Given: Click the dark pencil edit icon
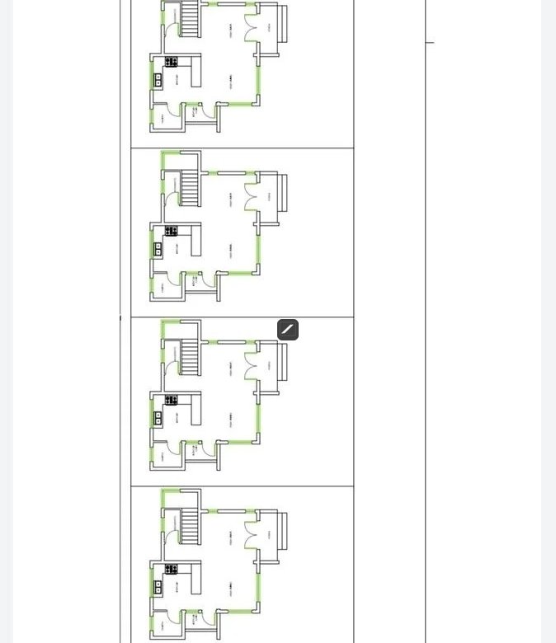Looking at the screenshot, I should click(x=288, y=330).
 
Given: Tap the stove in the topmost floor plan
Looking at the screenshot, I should click(x=171, y=62).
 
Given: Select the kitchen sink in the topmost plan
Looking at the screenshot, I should click(x=158, y=80).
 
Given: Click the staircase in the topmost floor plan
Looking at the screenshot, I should click(x=191, y=18).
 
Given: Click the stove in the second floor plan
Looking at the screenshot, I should click(x=171, y=231).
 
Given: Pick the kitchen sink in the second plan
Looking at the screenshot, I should click(x=158, y=249).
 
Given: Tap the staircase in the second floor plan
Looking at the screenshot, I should click(x=191, y=188).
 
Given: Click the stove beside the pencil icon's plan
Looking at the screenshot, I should click(x=171, y=401).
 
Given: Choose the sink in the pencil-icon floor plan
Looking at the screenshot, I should click(x=158, y=418).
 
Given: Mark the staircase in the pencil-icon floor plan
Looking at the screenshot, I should click(x=191, y=358).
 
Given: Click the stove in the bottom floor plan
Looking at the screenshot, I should click(x=171, y=569).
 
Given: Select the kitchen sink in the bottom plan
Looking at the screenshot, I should click(x=158, y=587).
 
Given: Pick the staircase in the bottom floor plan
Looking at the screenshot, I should click(x=191, y=526).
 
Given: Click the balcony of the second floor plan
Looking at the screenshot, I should click(x=281, y=198).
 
